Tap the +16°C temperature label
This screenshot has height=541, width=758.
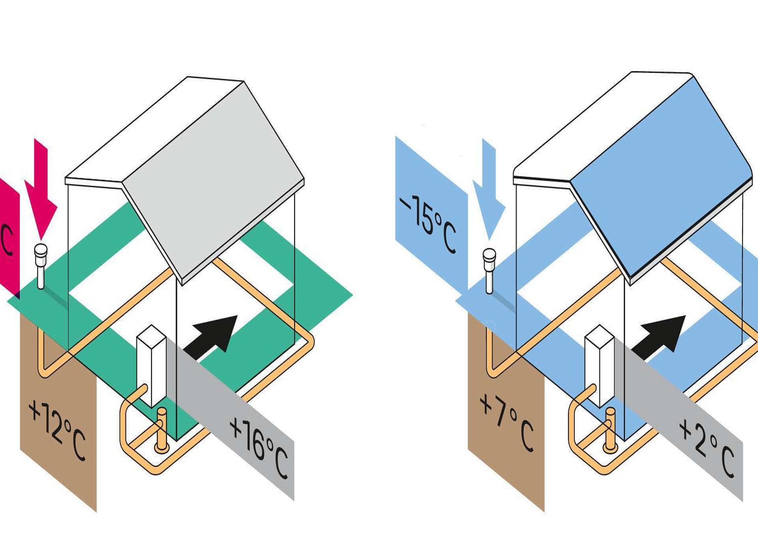(259, 448)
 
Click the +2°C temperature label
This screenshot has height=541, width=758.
(706, 448)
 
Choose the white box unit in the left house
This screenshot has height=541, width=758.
(151, 365)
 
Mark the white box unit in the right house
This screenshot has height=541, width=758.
(599, 365)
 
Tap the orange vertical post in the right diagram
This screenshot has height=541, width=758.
(610, 430)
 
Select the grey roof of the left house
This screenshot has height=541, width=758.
(213, 174)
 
